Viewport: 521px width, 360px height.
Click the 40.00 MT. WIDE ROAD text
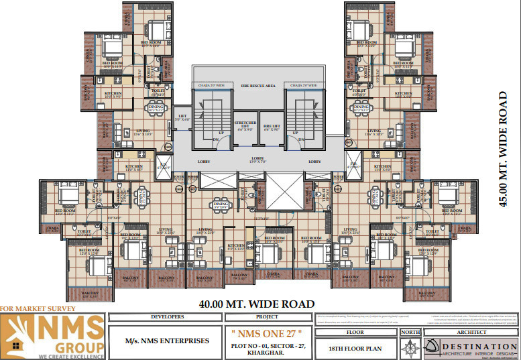pos(257,304)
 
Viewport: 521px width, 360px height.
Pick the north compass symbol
pos(410,347)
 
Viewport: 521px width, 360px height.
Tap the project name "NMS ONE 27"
pos(272,333)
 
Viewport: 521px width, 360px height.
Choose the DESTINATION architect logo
pos(470,345)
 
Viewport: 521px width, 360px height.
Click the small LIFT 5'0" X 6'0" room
pos(182,118)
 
